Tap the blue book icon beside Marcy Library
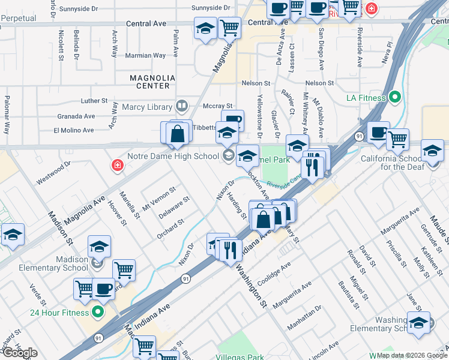(x=182, y=107)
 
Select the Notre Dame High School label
(x=180, y=157)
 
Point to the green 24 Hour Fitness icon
(x=98, y=312)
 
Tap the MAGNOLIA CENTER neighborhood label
(x=153, y=82)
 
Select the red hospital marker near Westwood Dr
(x=117, y=165)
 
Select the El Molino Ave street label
(x=74, y=130)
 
